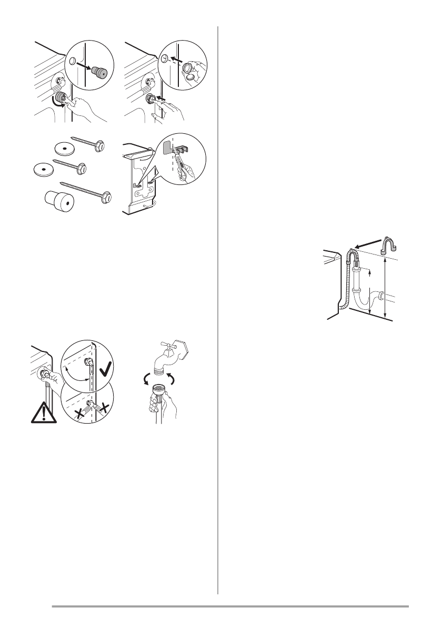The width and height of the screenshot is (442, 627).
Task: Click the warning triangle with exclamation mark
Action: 44,412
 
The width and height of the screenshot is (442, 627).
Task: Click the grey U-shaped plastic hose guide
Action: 389,243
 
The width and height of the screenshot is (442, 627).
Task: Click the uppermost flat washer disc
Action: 63,148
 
